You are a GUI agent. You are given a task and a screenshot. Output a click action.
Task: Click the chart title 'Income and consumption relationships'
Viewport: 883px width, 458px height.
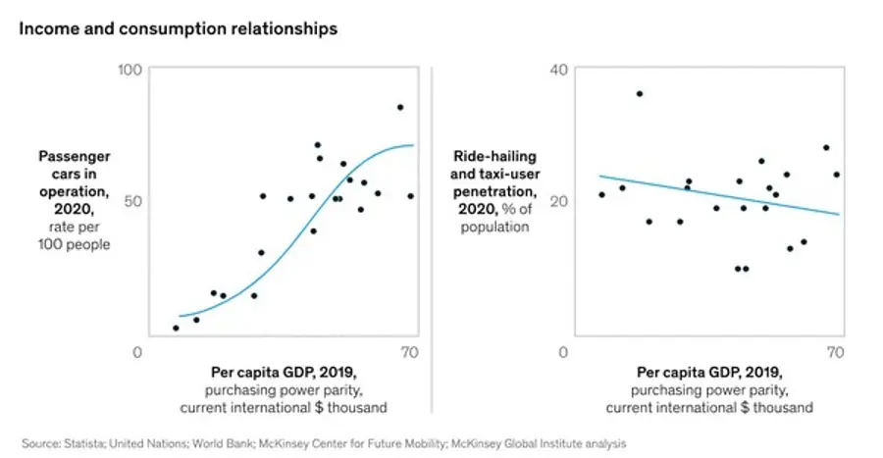pos(178,28)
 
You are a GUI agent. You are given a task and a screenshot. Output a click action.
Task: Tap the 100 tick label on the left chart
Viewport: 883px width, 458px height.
pos(130,70)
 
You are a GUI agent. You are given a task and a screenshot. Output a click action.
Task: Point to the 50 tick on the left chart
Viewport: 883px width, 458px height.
pos(134,200)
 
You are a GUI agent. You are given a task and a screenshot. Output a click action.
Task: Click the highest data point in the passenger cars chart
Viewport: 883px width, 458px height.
pos(399,107)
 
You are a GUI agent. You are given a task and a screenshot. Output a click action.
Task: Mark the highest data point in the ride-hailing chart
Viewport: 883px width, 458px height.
pos(640,94)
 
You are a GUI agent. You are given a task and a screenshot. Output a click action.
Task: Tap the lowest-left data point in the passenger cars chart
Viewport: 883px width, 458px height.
pos(176,328)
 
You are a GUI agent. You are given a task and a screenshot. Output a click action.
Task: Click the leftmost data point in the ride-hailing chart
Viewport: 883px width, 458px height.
pos(601,194)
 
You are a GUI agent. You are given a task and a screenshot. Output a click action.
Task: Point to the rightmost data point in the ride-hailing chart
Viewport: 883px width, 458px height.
pos(836,175)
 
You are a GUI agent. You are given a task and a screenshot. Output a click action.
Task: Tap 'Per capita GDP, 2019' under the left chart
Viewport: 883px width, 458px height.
pos(276,373)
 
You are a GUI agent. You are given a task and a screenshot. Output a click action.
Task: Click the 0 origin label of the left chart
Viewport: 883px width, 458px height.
pos(137,353)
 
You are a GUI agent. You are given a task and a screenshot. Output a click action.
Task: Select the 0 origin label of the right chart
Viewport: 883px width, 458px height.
pos(561,353)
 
